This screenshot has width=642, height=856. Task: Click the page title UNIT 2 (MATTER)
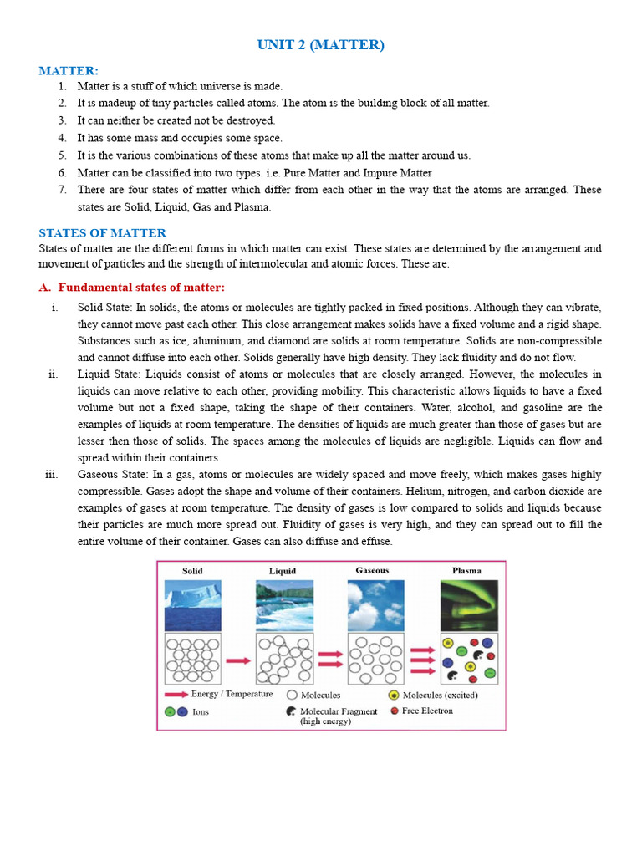coord(321,45)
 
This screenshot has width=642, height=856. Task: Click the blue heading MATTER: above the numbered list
coord(69,71)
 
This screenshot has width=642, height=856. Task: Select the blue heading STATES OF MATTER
coord(103,233)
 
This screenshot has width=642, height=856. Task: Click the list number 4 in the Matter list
coord(62,138)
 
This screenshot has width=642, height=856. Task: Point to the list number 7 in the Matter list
coord(62,190)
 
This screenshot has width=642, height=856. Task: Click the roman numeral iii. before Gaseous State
coord(51,475)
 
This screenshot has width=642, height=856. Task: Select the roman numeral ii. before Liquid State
coord(53,374)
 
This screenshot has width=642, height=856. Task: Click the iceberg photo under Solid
coord(193,605)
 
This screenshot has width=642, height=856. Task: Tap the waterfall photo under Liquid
coord(284,605)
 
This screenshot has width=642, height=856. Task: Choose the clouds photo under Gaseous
coord(374,605)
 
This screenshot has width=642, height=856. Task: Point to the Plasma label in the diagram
coord(466,571)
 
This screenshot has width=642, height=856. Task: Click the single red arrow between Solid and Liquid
coord(238,660)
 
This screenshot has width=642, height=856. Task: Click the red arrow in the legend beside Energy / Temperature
coord(176,695)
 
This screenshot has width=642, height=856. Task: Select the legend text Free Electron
coord(427,711)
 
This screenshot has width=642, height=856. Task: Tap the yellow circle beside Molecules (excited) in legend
coord(394,695)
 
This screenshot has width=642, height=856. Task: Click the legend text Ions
coord(201,712)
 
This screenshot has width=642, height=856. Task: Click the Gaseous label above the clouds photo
coord(372,571)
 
